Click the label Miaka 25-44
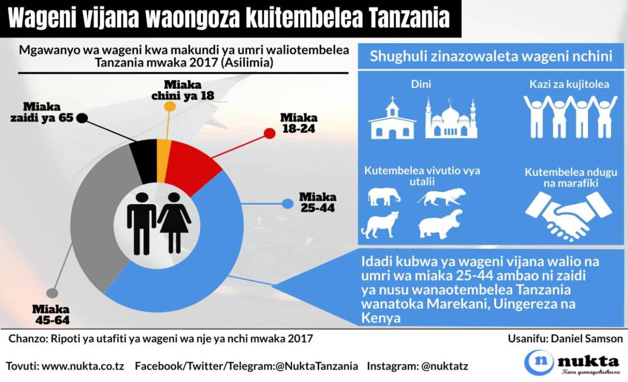click(317, 202)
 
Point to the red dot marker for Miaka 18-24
click(269, 133)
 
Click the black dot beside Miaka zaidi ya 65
click(82, 118)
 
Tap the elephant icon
click(384, 196)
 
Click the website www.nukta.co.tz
click(83, 366)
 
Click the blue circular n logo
click(538, 362)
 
